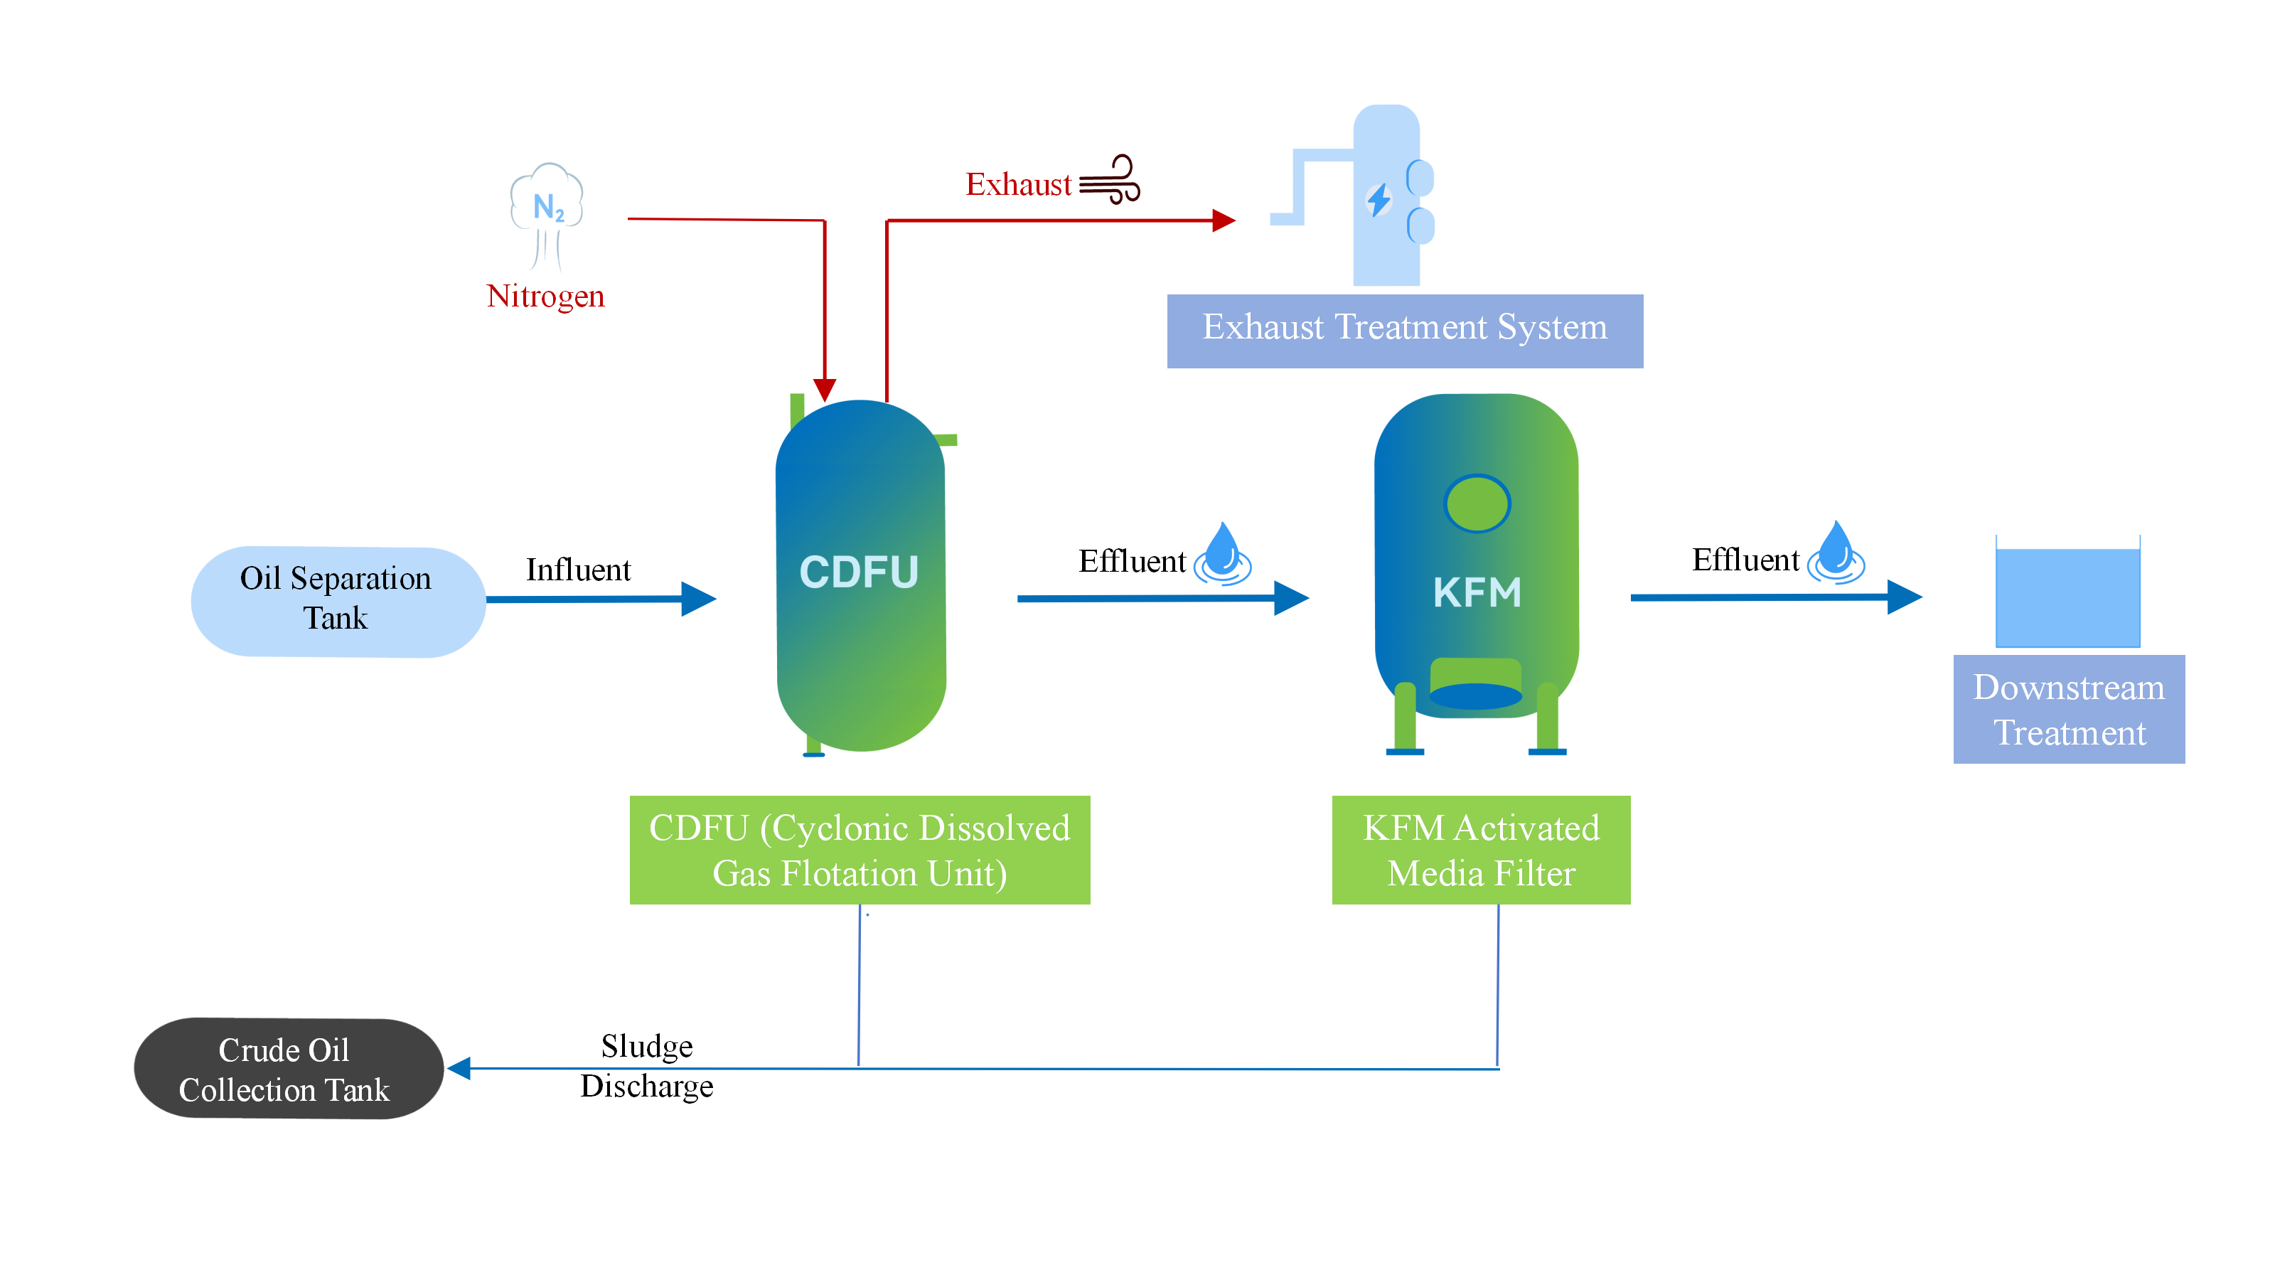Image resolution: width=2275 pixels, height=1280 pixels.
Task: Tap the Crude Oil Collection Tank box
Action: point(287,1068)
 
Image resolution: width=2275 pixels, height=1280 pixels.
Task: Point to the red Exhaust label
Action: point(1017,185)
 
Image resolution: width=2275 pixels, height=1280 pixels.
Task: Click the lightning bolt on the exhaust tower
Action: point(1379,200)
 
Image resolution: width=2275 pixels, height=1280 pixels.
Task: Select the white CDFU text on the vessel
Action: point(858,572)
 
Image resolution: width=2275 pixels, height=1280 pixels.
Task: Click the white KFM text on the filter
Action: point(1477,592)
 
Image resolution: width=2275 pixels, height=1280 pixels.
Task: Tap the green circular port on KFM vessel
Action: point(1477,503)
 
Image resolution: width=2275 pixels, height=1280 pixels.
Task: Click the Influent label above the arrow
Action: point(579,570)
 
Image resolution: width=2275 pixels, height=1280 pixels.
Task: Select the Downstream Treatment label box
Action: point(2068,710)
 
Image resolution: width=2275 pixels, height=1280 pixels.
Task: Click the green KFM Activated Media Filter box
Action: point(1480,850)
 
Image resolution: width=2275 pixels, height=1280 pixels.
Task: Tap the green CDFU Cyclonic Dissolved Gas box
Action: point(860,850)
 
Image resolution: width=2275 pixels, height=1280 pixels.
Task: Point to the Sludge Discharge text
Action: point(646,1065)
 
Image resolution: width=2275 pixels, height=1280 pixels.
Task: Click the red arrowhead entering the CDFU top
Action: point(825,390)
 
